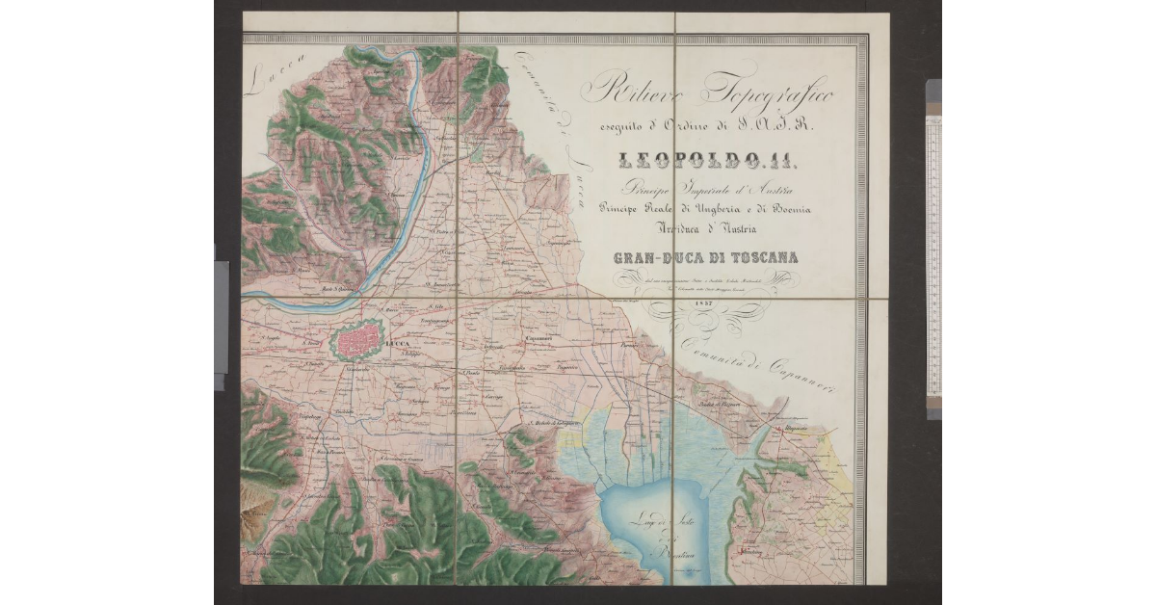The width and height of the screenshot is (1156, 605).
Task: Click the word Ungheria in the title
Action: (x=708, y=209)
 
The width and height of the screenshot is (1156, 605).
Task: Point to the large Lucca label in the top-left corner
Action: (x=276, y=76)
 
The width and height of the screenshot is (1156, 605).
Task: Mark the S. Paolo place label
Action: (x=471, y=372)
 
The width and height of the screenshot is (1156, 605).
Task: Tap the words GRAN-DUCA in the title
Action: (x=655, y=257)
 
